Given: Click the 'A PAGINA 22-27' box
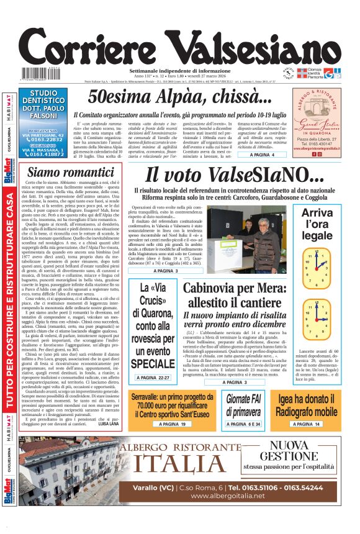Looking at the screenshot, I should click(153, 378).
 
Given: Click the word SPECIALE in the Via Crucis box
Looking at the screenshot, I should click(153, 363).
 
